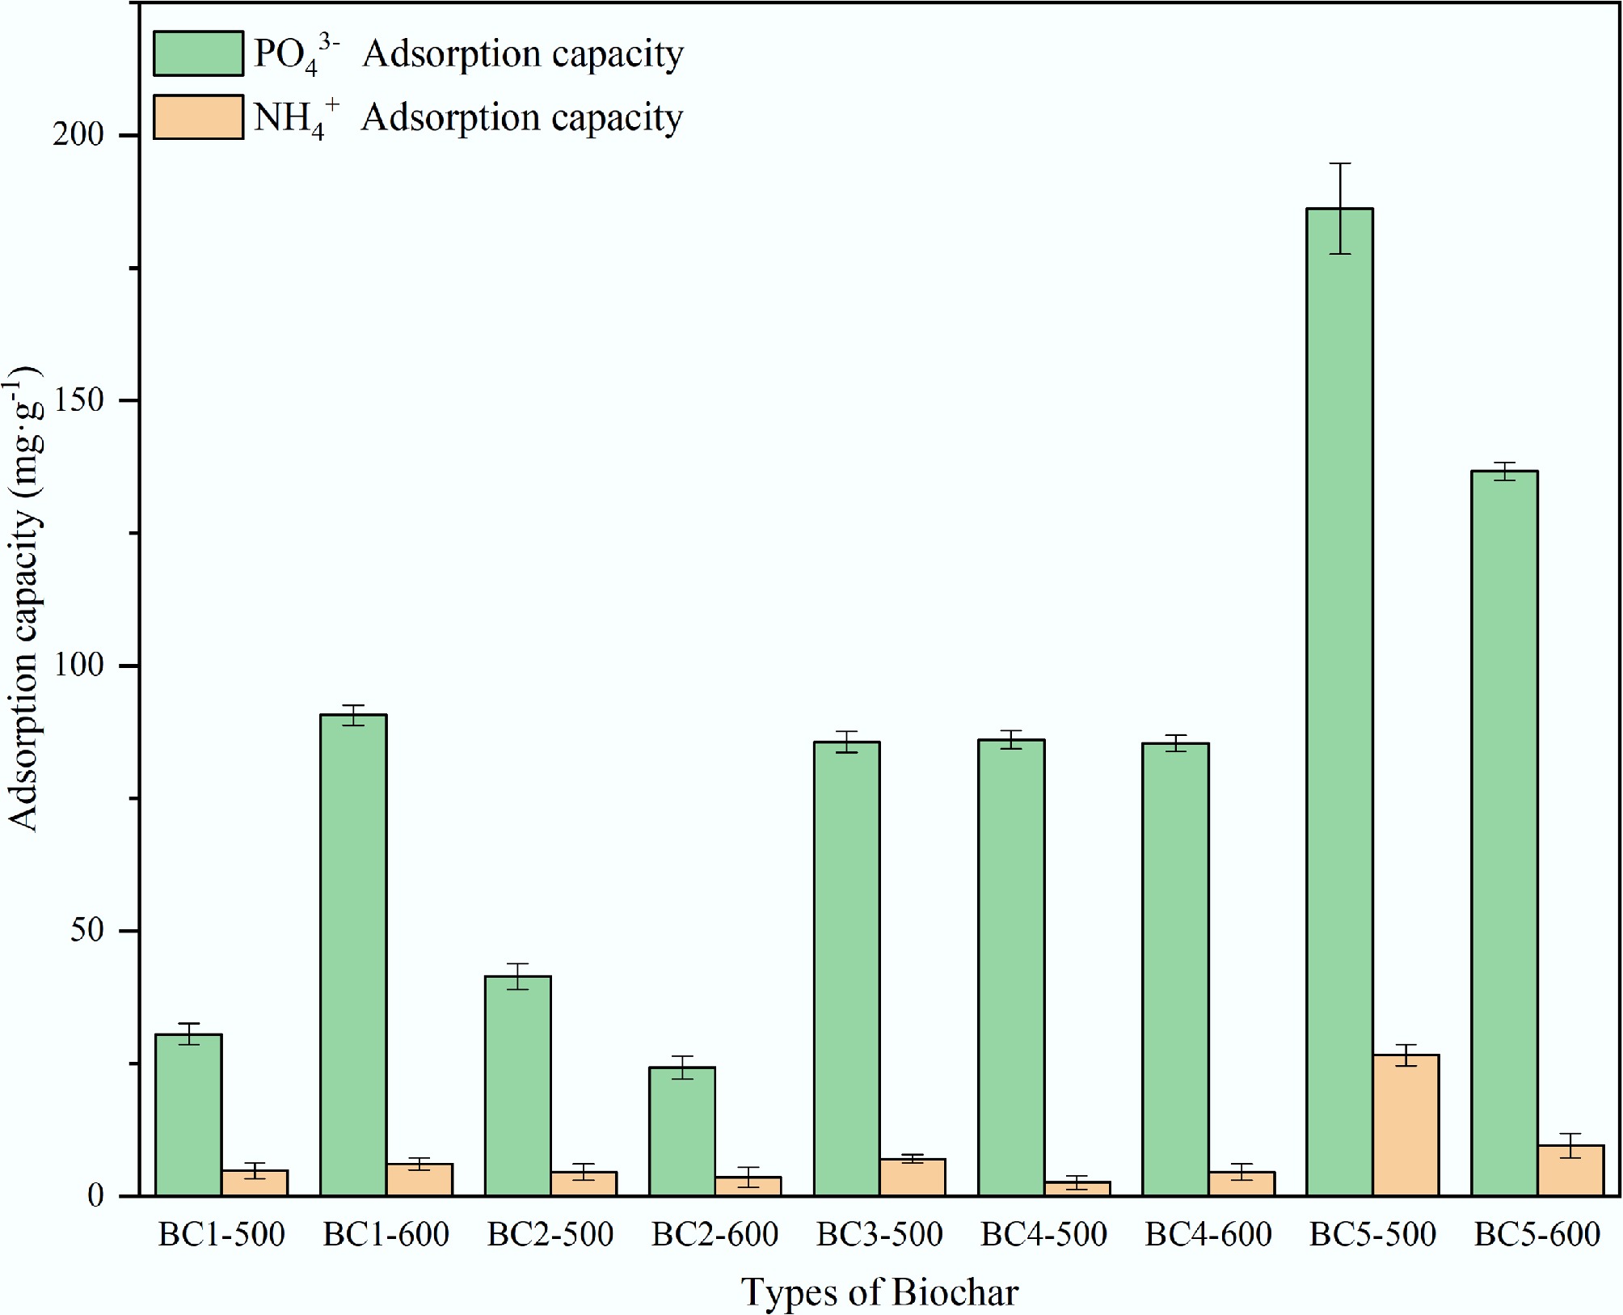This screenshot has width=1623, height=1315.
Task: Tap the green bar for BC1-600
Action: pyautogui.click(x=353, y=954)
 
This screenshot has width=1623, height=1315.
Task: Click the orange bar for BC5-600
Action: pyautogui.click(x=1570, y=1170)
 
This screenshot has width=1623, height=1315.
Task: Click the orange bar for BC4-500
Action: pyautogui.click(x=1077, y=1188)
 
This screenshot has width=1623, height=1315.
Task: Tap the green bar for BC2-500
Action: pyautogui.click(x=517, y=1085)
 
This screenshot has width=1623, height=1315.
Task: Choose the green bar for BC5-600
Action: pyautogui.click(x=1504, y=833)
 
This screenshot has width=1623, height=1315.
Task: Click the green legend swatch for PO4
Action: pyautogui.click(x=198, y=53)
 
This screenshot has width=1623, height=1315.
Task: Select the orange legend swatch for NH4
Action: pyautogui.click(x=198, y=117)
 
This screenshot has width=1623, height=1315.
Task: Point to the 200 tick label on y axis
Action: pyautogui.click(x=78, y=135)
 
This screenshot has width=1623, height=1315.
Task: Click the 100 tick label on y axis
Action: pyautogui.click(x=78, y=666)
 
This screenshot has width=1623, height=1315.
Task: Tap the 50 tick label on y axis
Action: pyautogui.click(x=87, y=931)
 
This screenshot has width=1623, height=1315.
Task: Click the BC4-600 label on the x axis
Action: pyautogui.click(x=1208, y=1234)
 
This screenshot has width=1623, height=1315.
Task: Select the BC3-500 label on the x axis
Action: pyautogui.click(x=879, y=1234)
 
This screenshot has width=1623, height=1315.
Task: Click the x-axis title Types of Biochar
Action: pyautogui.click(x=879, y=1292)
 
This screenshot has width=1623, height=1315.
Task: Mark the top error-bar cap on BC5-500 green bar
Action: pyautogui.click(x=1339, y=163)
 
